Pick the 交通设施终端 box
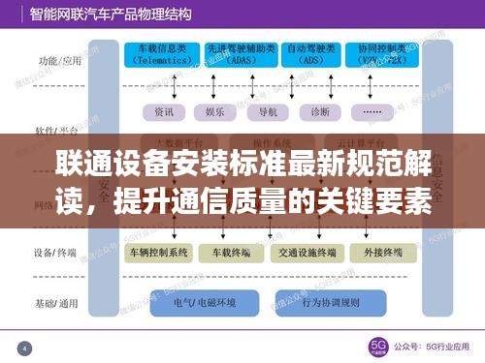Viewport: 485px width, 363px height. (x=307, y=253)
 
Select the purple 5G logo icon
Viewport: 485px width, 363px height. (x=376, y=347)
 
